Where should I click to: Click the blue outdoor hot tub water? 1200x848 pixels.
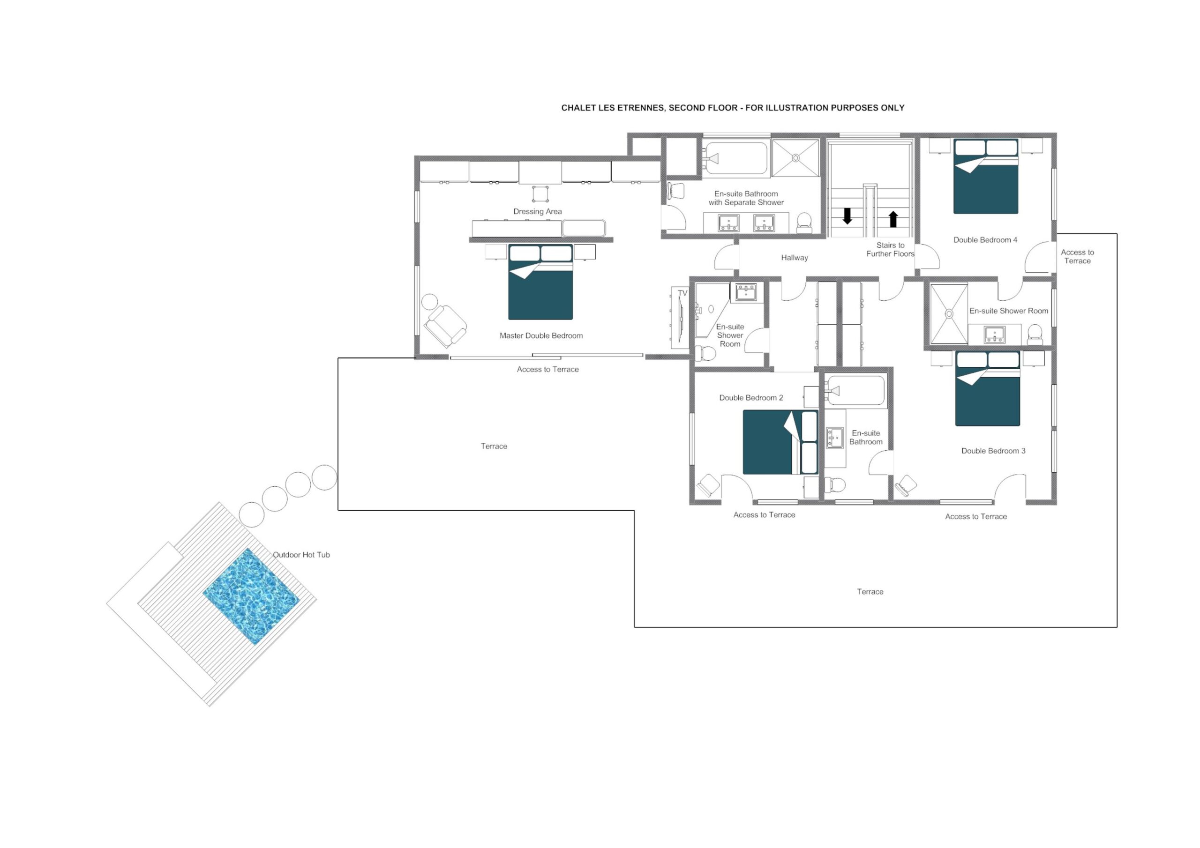coord(251,596)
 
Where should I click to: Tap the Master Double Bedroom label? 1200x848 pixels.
coord(541,336)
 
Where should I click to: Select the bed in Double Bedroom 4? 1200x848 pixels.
coord(986,176)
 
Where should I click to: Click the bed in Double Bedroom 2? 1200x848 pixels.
coord(780,442)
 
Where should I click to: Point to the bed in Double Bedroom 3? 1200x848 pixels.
coord(988,388)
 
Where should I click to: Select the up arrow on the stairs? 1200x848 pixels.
coord(893,219)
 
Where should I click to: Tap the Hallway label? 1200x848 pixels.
coord(795,258)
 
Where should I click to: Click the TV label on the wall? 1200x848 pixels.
coord(682,293)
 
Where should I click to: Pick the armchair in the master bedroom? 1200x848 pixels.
coord(445,326)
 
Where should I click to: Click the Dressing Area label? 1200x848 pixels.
coord(537,212)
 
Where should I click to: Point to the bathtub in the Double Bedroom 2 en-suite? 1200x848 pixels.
coord(855,391)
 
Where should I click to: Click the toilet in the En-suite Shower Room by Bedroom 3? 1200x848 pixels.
coord(1035,335)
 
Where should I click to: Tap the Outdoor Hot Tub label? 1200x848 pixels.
coord(301,555)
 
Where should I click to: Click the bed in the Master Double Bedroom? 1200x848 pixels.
coord(540,282)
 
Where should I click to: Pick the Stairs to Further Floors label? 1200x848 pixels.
coord(890,250)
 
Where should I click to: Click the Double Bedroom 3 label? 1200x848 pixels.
coord(993,451)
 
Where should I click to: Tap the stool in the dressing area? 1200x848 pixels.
coord(540,194)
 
